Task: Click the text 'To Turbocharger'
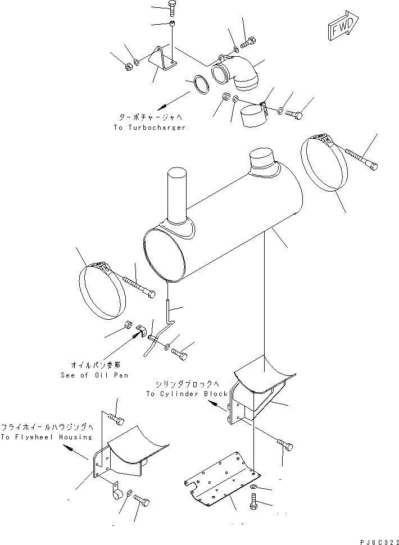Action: pyautogui.click(x=149, y=128)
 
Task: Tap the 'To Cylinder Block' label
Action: pyautogui.click(x=187, y=394)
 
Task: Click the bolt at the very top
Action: pyautogui.click(x=171, y=8)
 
